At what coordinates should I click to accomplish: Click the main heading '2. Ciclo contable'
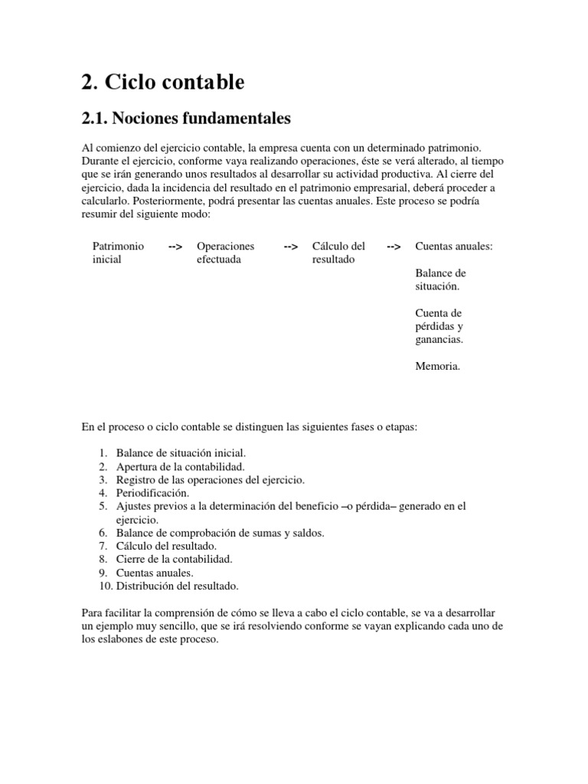coord(162,82)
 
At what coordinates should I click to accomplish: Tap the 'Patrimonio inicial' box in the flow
coord(117,253)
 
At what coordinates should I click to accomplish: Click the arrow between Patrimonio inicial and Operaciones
coord(175,247)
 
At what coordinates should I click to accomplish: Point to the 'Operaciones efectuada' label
coord(225,253)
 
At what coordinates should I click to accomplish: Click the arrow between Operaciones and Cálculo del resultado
coord(291,247)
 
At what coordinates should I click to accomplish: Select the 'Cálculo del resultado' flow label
coord(338,253)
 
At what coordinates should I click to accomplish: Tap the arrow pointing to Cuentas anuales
coord(394,247)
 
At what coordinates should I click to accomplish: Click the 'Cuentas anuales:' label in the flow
coord(453,247)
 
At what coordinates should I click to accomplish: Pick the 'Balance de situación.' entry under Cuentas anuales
coord(440,279)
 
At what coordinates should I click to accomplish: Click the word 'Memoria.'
coord(437,367)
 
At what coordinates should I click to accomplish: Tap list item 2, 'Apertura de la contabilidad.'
coord(180,466)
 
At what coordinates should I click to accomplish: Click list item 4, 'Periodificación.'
coord(152,493)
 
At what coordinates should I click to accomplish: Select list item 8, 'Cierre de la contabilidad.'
coord(174,560)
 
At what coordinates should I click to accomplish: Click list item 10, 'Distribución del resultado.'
coord(177,586)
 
